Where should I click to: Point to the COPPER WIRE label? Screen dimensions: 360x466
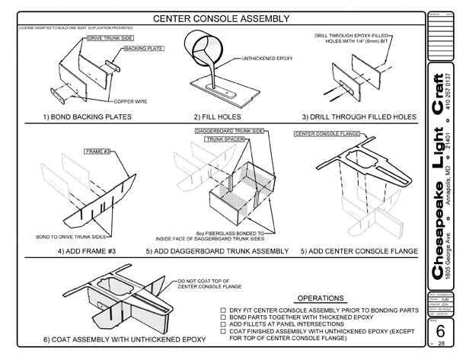coord(131,101)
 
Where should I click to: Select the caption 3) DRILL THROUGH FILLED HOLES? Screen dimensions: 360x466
coord(359,117)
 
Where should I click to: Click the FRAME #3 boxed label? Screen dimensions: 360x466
coord(97,152)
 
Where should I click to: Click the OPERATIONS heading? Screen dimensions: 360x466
coord(320,298)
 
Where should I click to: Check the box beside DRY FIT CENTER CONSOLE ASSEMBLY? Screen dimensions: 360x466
coord(222,311)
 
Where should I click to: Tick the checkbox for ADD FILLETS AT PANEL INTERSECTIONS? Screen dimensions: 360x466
coord(222,324)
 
